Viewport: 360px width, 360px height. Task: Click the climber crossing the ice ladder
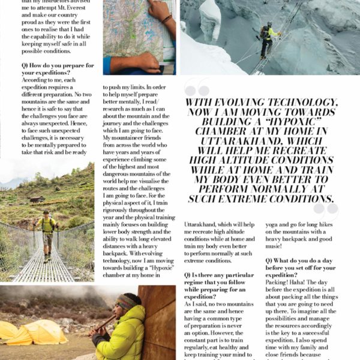(266, 40)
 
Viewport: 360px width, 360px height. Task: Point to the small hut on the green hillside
(37, 199)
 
